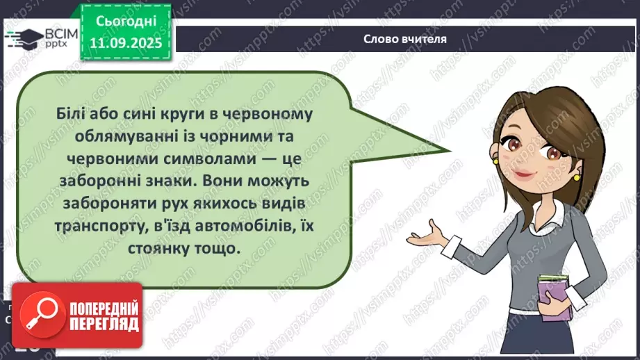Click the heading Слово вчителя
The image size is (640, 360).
[405, 40]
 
